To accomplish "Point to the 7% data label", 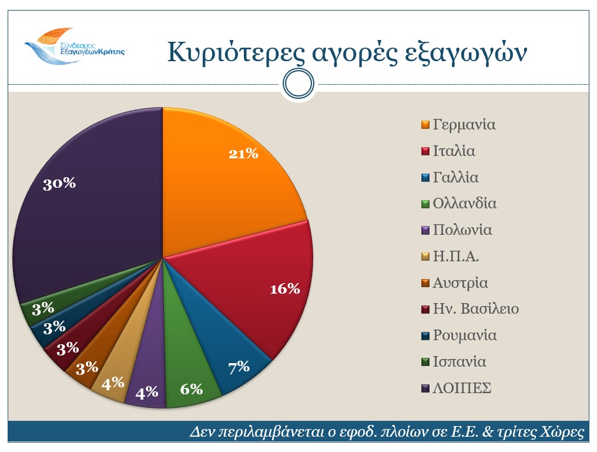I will click(239, 367).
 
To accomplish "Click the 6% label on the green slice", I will click(191, 389).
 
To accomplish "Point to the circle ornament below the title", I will click(298, 84).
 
